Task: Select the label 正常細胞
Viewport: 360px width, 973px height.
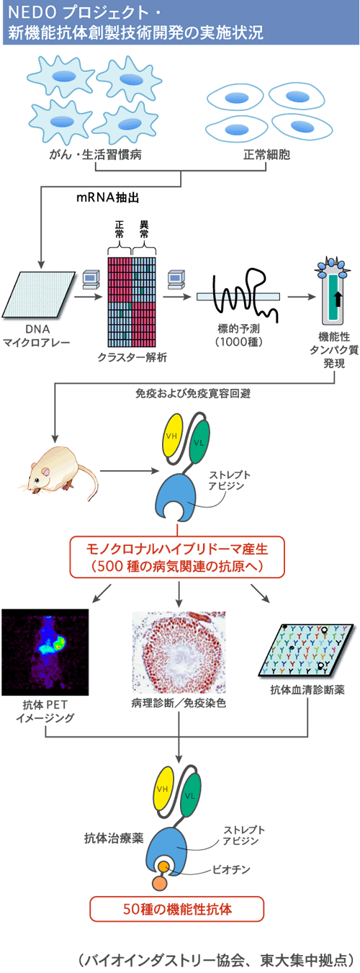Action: click(266, 155)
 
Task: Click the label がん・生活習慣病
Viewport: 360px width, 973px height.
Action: click(96, 155)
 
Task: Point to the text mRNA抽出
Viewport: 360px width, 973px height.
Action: click(108, 197)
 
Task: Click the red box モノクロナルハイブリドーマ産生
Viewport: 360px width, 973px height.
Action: click(177, 557)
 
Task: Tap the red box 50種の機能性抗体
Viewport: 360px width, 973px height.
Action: click(176, 909)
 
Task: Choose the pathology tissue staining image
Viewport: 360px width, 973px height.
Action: click(179, 652)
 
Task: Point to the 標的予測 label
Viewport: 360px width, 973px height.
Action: click(239, 328)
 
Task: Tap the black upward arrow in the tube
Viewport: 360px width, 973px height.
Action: click(338, 299)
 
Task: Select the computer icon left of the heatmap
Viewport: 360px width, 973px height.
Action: click(91, 279)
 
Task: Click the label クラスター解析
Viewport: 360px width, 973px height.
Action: click(132, 357)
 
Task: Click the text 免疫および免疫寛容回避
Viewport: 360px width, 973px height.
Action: click(193, 393)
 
